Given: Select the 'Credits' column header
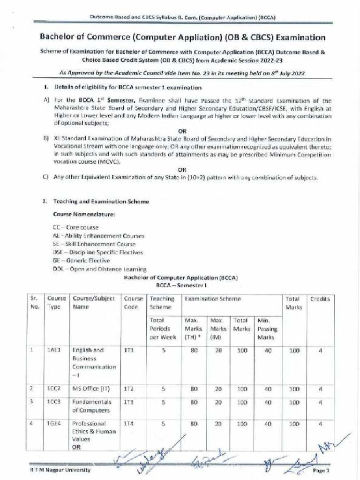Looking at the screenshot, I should (320, 299).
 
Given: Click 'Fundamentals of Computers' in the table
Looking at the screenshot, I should (92, 406).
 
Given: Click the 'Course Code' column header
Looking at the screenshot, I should (133, 303).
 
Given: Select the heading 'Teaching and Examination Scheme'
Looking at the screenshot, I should (101, 202).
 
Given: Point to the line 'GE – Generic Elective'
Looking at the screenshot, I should (82, 261).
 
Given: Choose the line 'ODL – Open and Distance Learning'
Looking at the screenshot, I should (99, 269).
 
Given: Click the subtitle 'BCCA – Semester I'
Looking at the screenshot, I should (181, 285).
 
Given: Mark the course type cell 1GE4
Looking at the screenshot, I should (53, 424).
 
